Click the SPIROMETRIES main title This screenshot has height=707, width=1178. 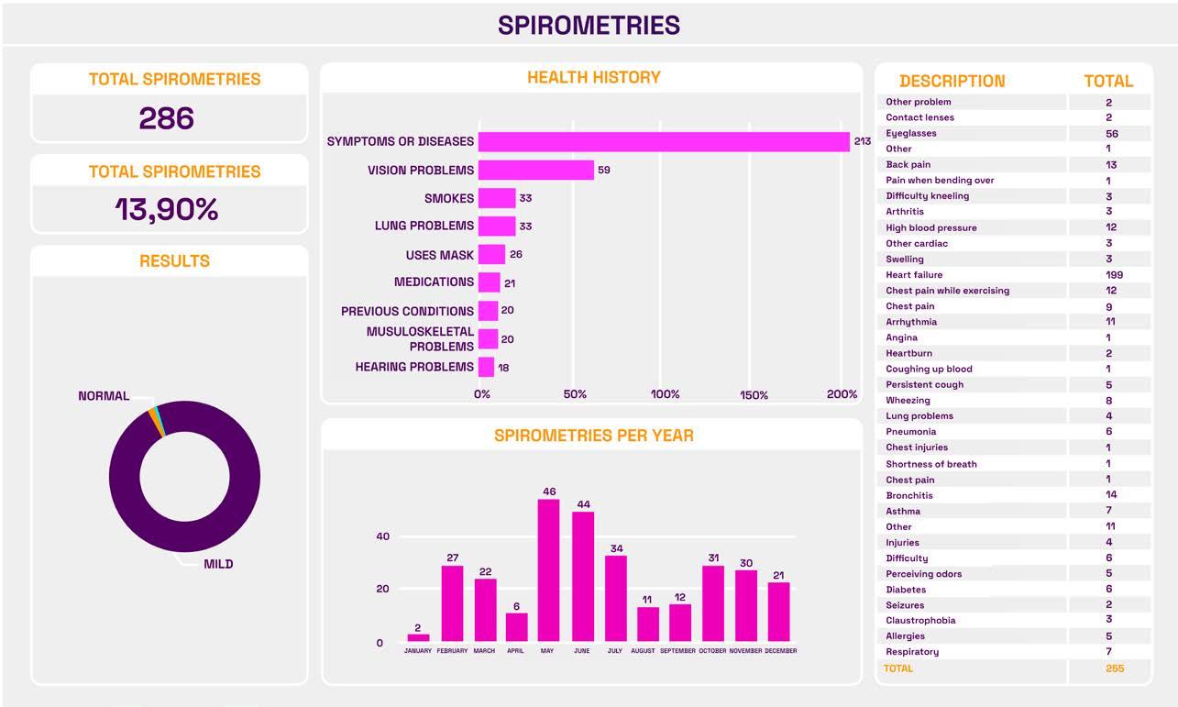point(589,25)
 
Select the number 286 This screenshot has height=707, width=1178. point(167,117)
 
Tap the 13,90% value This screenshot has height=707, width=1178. point(167,210)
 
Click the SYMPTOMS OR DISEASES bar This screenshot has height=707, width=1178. point(663,141)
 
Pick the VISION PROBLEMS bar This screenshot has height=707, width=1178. point(535,170)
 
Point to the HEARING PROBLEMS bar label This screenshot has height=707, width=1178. point(414,367)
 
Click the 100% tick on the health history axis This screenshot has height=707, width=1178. point(665,394)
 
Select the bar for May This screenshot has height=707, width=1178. point(548,569)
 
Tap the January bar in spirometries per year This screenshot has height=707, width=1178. point(418,637)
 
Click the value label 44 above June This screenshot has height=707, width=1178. point(583,504)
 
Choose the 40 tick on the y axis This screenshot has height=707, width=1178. point(382,536)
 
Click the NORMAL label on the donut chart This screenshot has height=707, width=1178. point(104,396)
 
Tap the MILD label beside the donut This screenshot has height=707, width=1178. point(218,564)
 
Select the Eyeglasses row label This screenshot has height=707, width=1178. point(910,133)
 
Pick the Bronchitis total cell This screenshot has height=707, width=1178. point(1110,494)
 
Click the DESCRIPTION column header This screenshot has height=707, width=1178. point(952,81)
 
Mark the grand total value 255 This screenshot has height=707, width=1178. point(1115,668)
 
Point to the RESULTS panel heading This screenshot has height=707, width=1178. point(174,261)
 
